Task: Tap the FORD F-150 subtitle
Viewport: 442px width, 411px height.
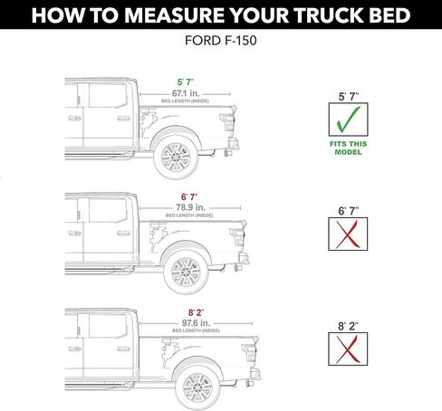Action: pyautogui.click(x=221, y=40)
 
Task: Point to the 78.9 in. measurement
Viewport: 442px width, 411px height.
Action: pyautogui.click(x=191, y=207)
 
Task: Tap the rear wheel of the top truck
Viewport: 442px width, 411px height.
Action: pyautogui.click(x=174, y=159)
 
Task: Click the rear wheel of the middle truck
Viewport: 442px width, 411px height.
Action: pyautogui.click(x=186, y=272)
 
